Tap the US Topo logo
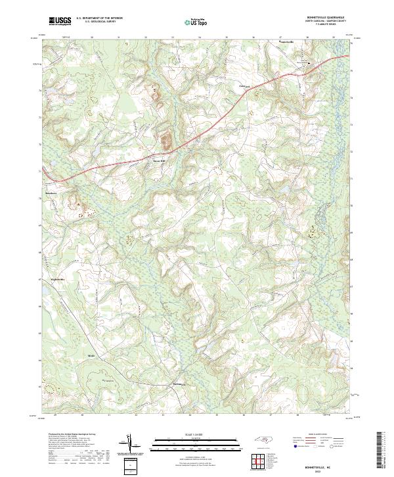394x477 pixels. click(x=191, y=22)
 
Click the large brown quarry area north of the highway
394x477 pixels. click(x=166, y=139)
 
